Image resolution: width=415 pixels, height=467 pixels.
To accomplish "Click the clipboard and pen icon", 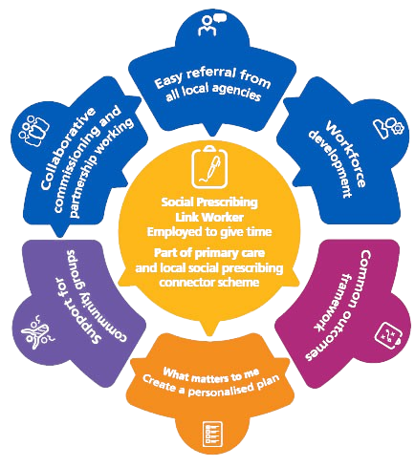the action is pyautogui.click(x=209, y=166).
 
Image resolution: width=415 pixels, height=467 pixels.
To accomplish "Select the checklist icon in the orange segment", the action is pyautogui.click(x=212, y=435).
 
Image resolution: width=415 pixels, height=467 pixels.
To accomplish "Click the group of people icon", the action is pyautogui.click(x=33, y=131).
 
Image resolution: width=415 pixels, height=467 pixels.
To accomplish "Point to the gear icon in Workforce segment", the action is pyautogui.click(x=397, y=128).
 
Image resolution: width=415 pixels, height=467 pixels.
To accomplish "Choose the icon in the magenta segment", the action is pyautogui.click(x=388, y=334).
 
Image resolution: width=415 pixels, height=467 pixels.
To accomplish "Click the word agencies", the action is pyautogui.click(x=236, y=92).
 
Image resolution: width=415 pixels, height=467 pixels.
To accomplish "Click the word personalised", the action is pyautogui.click(x=220, y=390).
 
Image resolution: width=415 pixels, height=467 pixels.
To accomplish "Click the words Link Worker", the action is pyautogui.click(x=209, y=217).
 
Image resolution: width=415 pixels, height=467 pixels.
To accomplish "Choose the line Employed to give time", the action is pyautogui.click(x=209, y=231).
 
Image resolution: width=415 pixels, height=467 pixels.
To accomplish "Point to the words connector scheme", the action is pyautogui.click(x=209, y=282).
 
